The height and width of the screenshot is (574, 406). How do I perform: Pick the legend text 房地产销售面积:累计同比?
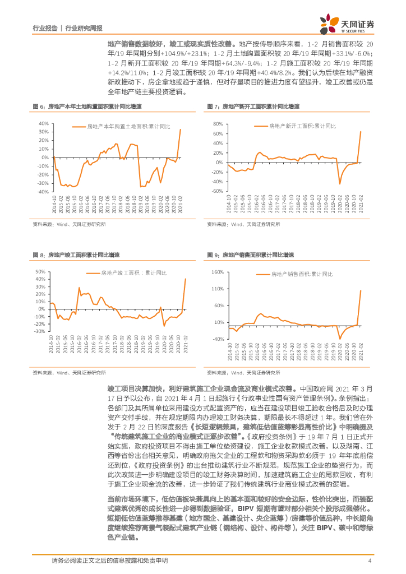(x=302, y=275)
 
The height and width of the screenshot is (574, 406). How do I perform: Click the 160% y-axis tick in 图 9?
(x=216, y=272)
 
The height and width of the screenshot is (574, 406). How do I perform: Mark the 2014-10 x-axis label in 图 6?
(x=54, y=203)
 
